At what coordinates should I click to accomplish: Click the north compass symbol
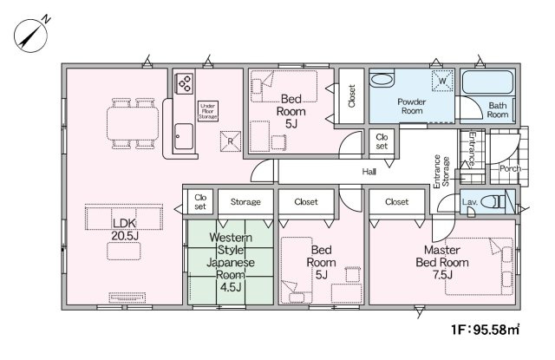[31, 35]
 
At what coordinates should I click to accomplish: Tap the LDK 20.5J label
[125, 229]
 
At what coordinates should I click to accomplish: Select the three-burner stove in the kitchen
[185, 83]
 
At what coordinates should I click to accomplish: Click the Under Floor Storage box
[208, 111]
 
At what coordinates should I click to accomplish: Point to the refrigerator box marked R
[231, 141]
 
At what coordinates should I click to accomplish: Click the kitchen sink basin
[184, 136]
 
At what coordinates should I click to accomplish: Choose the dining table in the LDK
[133, 123]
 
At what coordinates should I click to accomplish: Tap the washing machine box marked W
[442, 81]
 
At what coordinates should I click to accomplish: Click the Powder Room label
[412, 106]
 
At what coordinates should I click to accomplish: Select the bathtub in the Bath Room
[487, 82]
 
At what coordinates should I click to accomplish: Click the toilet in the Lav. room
[493, 202]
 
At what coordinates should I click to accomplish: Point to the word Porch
[510, 169]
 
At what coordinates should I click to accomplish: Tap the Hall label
[369, 172]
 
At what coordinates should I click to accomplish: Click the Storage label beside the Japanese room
[245, 202]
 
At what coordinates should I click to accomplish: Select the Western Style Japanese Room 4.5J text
[231, 262]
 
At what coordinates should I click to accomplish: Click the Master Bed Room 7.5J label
[442, 262]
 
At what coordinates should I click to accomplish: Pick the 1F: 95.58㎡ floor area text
[486, 330]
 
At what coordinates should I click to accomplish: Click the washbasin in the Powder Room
[382, 79]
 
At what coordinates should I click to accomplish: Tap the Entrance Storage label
[441, 172]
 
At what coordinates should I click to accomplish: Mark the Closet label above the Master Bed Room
[397, 202]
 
